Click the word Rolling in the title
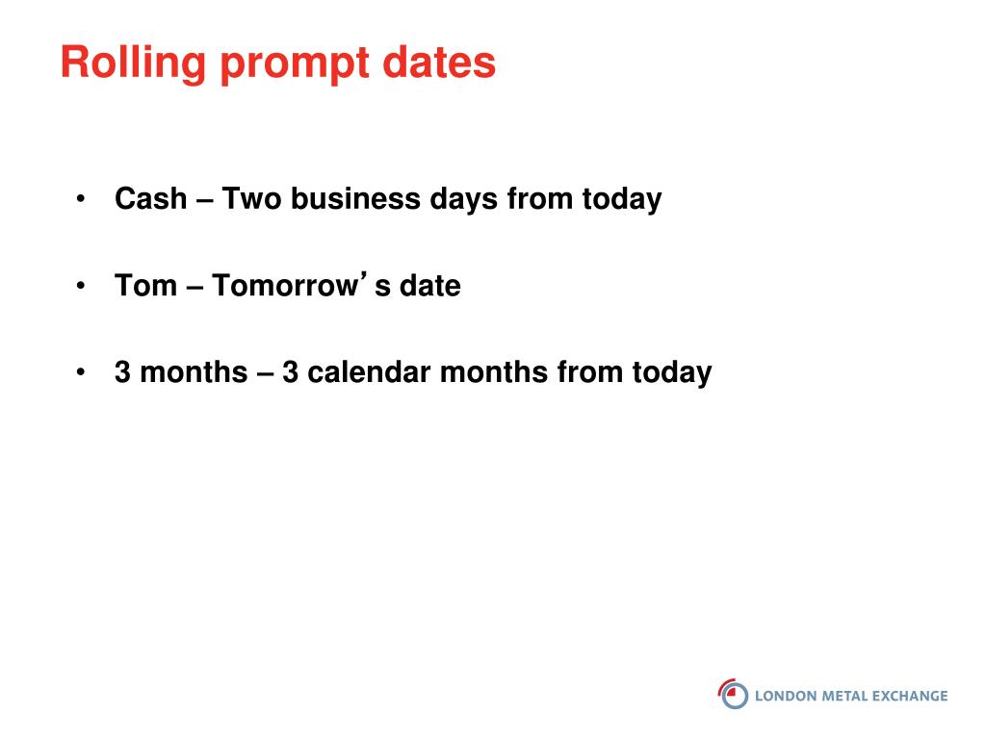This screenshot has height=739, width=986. tap(133, 63)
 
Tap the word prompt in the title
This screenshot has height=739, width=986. tap(295, 65)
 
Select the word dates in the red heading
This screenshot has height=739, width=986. tap(439, 62)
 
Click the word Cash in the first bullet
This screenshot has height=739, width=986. tap(151, 198)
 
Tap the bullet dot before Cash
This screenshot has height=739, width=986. tap(81, 199)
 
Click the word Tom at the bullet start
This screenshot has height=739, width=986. tap(146, 285)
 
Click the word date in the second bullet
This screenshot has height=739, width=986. tap(430, 285)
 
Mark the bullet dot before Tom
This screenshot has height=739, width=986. tap(81, 286)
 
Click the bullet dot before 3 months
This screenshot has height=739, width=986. tap(81, 372)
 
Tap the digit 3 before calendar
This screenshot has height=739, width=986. tap(290, 372)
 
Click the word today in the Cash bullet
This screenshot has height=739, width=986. tap(622, 200)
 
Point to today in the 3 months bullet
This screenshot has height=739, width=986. tap(672, 374)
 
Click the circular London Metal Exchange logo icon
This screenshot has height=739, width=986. tap(733, 695)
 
